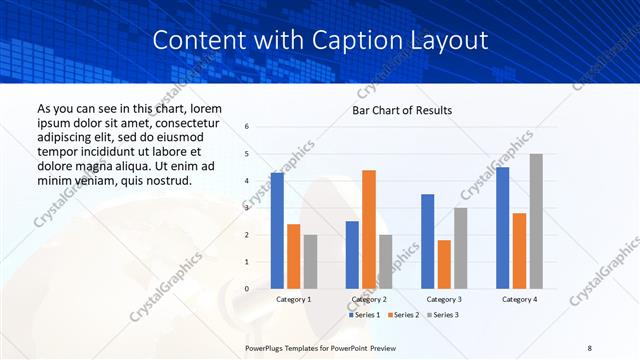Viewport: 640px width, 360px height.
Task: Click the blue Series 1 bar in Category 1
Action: click(277, 231)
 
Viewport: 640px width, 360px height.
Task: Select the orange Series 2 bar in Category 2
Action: click(369, 229)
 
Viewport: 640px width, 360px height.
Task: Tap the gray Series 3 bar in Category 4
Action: click(536, 221)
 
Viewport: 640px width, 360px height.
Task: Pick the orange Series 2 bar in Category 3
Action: click(444, 264)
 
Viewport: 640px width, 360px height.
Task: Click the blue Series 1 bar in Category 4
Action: click(503, 228)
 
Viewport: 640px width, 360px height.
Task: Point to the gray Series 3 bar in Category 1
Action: click(310, 262)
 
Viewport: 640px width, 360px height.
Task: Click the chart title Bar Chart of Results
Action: click(402, 110)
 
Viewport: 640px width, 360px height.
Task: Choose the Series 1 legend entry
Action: click(365, 315)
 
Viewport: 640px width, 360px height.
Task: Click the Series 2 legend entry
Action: click(402, 315)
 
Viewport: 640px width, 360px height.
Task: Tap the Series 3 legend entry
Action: click(440, 315)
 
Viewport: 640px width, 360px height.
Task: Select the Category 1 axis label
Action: click(293, 299)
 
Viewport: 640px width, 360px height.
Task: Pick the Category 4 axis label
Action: click(519, 299)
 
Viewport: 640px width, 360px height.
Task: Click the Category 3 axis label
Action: click(444, 299)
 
